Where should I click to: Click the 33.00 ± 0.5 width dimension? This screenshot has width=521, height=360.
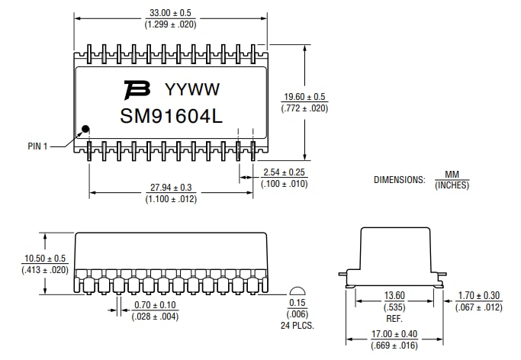coord(170,13)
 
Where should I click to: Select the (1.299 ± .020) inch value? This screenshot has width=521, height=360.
coord(170,24)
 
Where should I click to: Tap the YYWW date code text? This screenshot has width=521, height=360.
coord(192,90)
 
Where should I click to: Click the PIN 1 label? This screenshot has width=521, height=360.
coord(37,146)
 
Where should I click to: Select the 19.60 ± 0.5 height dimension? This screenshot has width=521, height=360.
coord(304,97)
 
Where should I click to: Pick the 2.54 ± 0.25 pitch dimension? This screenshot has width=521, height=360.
coord(285,172)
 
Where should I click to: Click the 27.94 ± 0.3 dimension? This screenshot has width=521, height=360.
coord(171,188)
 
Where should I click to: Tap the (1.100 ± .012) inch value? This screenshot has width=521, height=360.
coord(171,199)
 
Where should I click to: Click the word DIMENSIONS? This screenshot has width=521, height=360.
coord(398,180)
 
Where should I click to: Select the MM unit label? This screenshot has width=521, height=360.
coord(452,175)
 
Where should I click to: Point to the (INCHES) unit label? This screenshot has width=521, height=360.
coord(452,185)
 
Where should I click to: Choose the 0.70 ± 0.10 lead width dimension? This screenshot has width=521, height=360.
coord(155,305)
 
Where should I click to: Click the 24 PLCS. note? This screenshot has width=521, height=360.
coord(298,325)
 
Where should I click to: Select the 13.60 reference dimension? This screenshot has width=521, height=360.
coord(394,296)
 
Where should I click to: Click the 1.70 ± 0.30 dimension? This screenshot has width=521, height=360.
coord(480,296)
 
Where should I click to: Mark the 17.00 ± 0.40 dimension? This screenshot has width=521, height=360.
coord(395,334)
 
